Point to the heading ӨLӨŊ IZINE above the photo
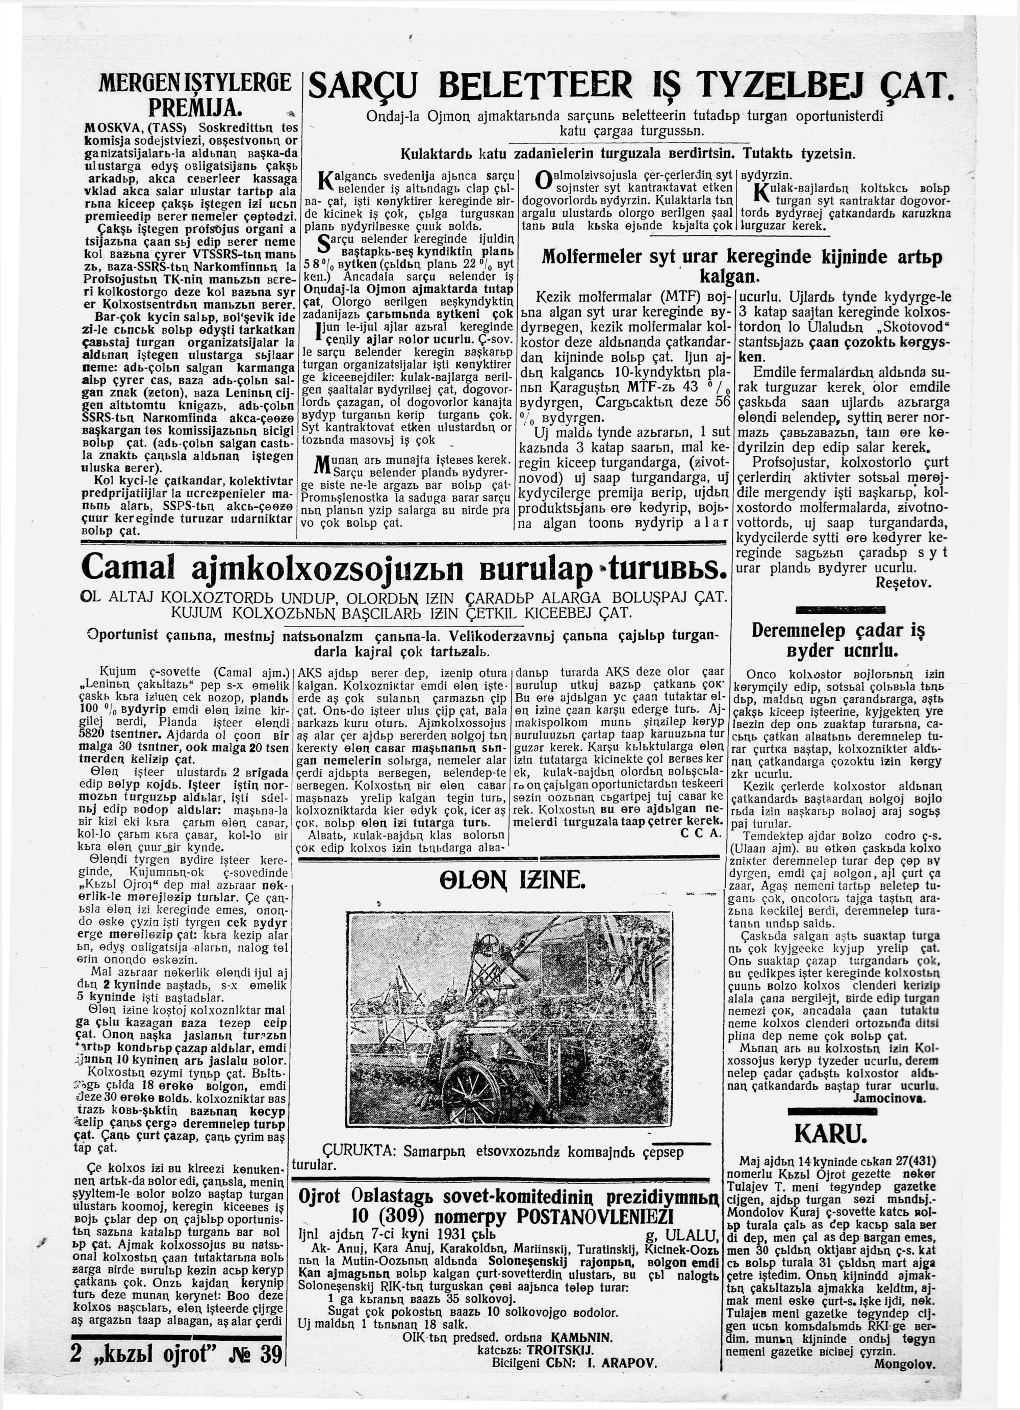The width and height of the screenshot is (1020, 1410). point(503,881)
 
